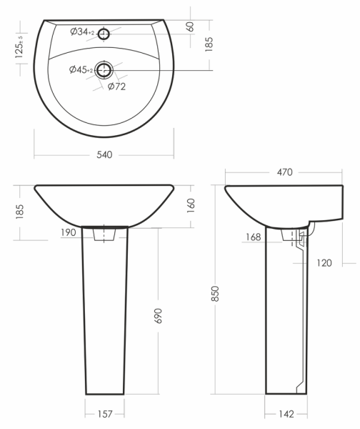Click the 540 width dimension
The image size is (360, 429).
[104, 155]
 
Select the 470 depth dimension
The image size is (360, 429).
[284, 172]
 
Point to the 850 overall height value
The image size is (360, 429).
[216, 294]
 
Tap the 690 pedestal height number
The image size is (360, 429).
[159, 316]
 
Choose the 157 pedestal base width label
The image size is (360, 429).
[105, 414]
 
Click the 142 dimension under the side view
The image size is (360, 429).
[286, 414]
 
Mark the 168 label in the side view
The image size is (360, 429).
[253, 237]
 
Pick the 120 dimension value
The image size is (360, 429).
[324, 263]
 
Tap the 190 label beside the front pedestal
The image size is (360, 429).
[69, 232]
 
